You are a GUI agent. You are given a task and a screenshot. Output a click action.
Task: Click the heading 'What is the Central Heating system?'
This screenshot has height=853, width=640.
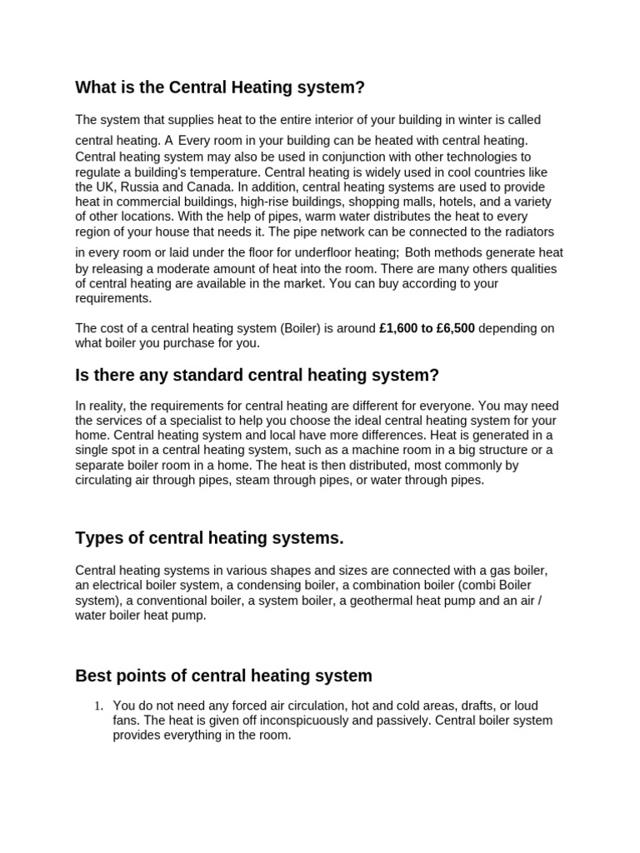pyautogui.click(x=220, y=87)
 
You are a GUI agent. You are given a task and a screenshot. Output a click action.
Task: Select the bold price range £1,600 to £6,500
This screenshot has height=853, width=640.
pyautogui.click(x=427, y=328)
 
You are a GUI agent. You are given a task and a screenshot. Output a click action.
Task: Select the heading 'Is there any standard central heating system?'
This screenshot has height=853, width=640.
pyautogui.click(x=257, y=375)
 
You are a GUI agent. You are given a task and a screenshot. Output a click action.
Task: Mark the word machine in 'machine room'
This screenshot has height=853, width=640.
pyautogui.click(x=353, y=451)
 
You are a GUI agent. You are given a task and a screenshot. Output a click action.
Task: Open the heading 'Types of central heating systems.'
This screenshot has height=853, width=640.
pyautogui.click(x=209, y=538)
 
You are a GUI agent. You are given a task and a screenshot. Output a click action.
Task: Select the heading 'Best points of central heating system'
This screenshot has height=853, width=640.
pyautogui.click(x=223, y=676)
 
